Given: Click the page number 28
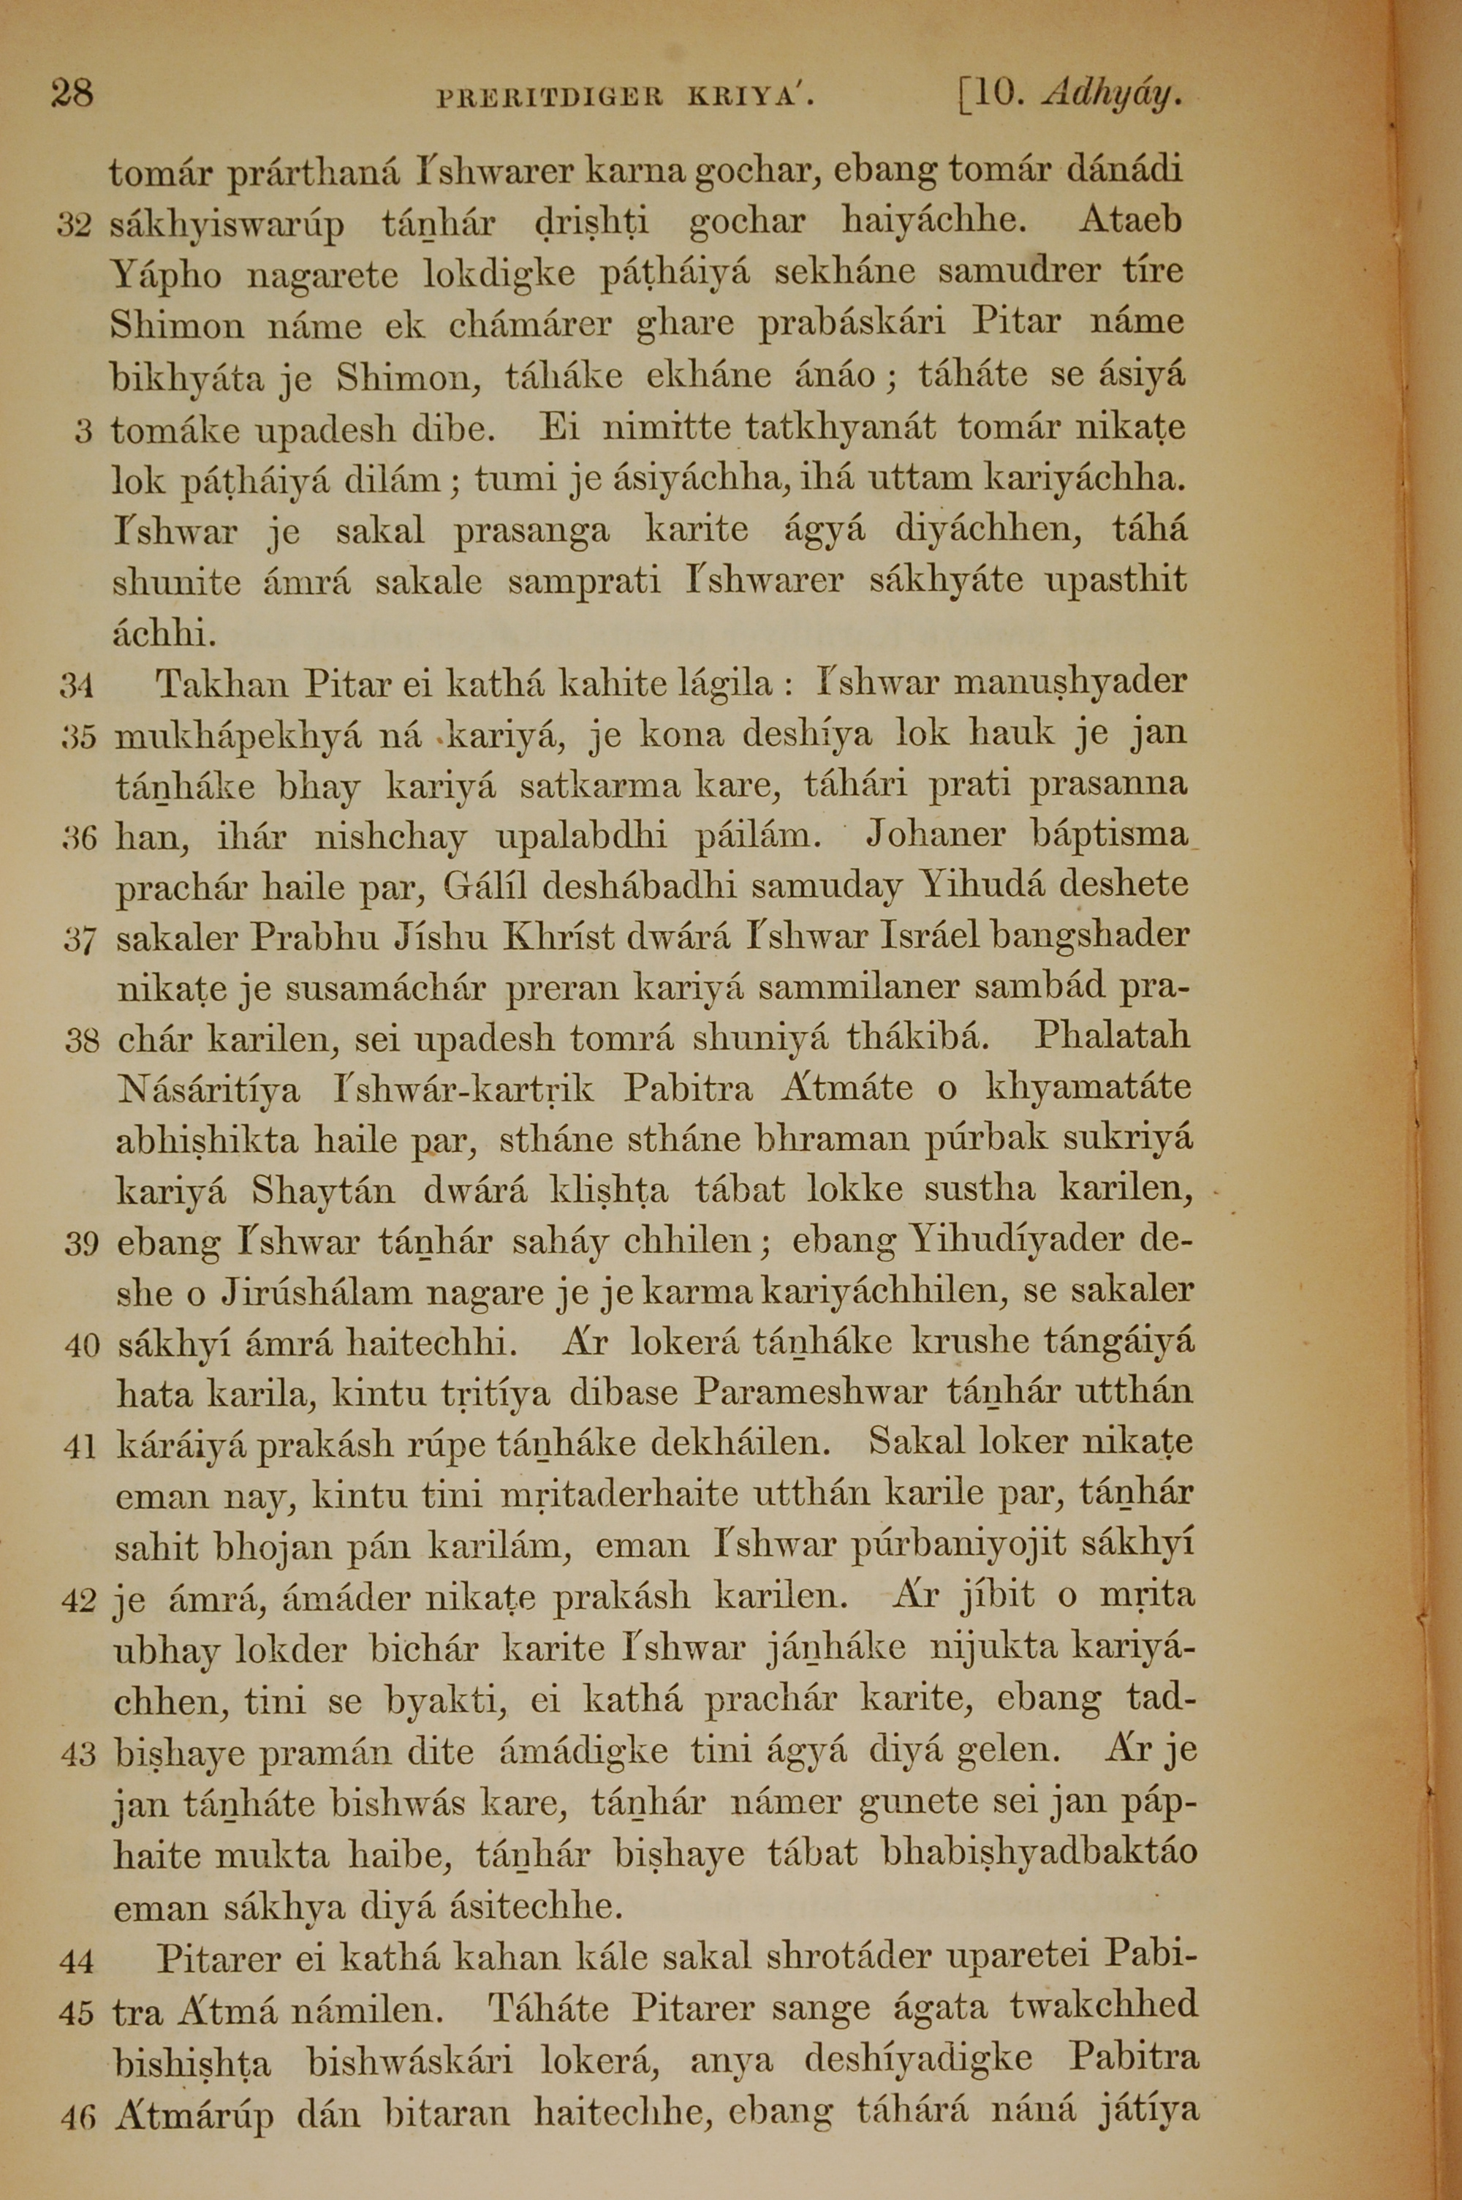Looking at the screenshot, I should [x=72, y=94].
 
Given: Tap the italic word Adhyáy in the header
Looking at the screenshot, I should [x=1113, y=94].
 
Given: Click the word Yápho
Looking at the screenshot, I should [x=166, y=276].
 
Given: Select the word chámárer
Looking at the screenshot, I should [x=529, y=325].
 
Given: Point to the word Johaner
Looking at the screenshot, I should [x=935, y=834].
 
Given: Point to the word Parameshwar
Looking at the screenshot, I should [x=811, y=1393].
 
